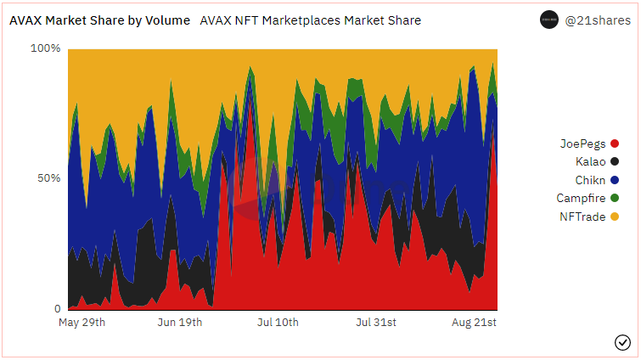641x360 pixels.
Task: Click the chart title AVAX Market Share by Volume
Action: (99, 20)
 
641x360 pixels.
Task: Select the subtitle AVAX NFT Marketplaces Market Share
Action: (310, 20)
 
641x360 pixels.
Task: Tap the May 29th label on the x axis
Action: (82, 323)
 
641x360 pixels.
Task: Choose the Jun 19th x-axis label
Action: (180, 323)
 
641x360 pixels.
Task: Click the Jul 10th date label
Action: (278, 323)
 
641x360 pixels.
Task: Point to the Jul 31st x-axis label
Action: (376, 323)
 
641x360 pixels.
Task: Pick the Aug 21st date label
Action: (474, 323)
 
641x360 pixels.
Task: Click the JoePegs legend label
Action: (582, 143)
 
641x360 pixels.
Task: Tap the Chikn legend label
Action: (590, 180)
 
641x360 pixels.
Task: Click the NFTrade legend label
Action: (582, 217)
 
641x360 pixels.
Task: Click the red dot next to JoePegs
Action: (615, 143)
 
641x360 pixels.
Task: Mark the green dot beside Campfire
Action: (615, 198)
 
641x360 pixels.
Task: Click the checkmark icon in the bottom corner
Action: (621, 342)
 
